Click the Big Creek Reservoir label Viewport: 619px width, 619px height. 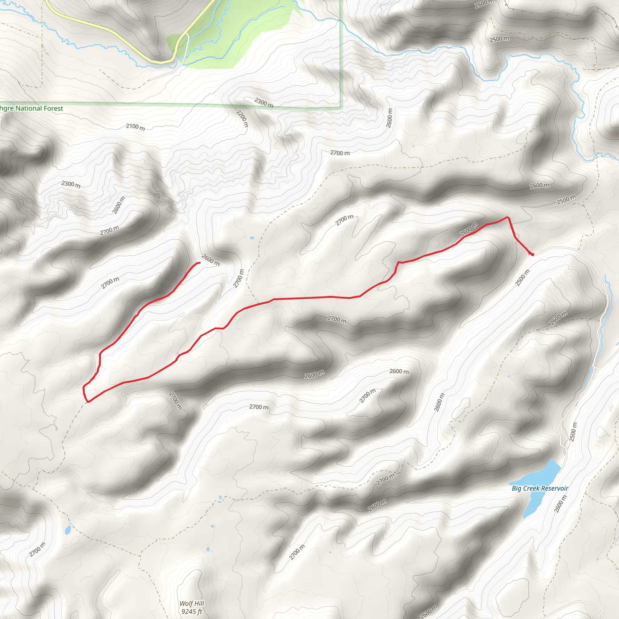click(x=540, y=489)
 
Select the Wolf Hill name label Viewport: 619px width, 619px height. click(x=192, y=604)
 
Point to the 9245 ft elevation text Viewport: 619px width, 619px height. click(x=192, y=612)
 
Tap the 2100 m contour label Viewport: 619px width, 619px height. click(x=135, y=127)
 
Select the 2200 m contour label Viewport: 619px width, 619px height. click(x=242, y=118)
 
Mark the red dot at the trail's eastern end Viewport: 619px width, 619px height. click(x=532, y=255)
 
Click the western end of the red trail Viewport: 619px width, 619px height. click(x=199, y=263)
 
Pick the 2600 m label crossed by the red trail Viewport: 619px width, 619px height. click(x=469, y=229)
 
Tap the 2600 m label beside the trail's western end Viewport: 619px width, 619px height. click(x=210, y=260)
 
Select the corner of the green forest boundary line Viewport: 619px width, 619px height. click(x=342, y=107)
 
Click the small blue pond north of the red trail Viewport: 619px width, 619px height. click(x=252, y=238)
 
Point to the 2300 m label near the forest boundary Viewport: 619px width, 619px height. click(x=264, y=103)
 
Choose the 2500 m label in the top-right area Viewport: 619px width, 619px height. click(x=499, y=39)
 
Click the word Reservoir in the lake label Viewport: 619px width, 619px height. click(x=553, y=489)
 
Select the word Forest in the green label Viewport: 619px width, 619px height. click(x=53, y=108)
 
